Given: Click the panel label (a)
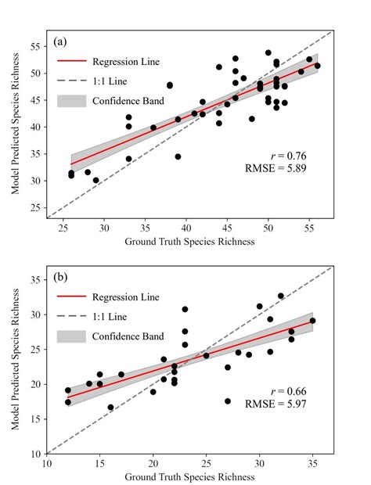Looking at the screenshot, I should [x=62, y=41].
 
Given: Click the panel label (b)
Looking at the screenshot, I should [x=62, y=277].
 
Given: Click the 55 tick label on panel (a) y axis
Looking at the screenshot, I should [x=34, y=47].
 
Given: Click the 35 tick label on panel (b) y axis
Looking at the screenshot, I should [x=34, y=280].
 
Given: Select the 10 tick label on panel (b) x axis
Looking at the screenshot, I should [x=47, y=465].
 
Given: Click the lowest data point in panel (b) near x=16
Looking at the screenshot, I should [x=110, y=408].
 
